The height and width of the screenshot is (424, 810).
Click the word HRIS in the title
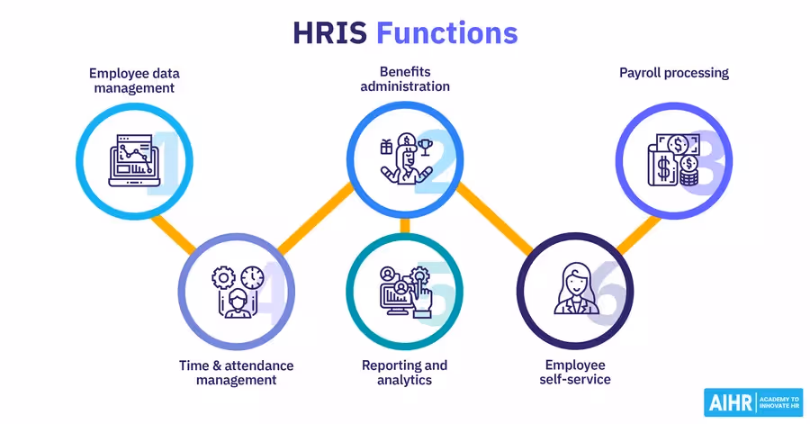[330, 33]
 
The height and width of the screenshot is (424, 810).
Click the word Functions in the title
[446, 33]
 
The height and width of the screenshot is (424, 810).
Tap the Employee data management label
[131, 81]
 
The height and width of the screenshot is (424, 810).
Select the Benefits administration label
[405, 81]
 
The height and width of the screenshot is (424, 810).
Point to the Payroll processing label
[673, 73]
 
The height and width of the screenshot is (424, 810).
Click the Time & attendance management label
[238, 373]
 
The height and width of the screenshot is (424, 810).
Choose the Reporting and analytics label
[404, 373]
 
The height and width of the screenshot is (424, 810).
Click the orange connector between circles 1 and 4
[174, 231]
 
